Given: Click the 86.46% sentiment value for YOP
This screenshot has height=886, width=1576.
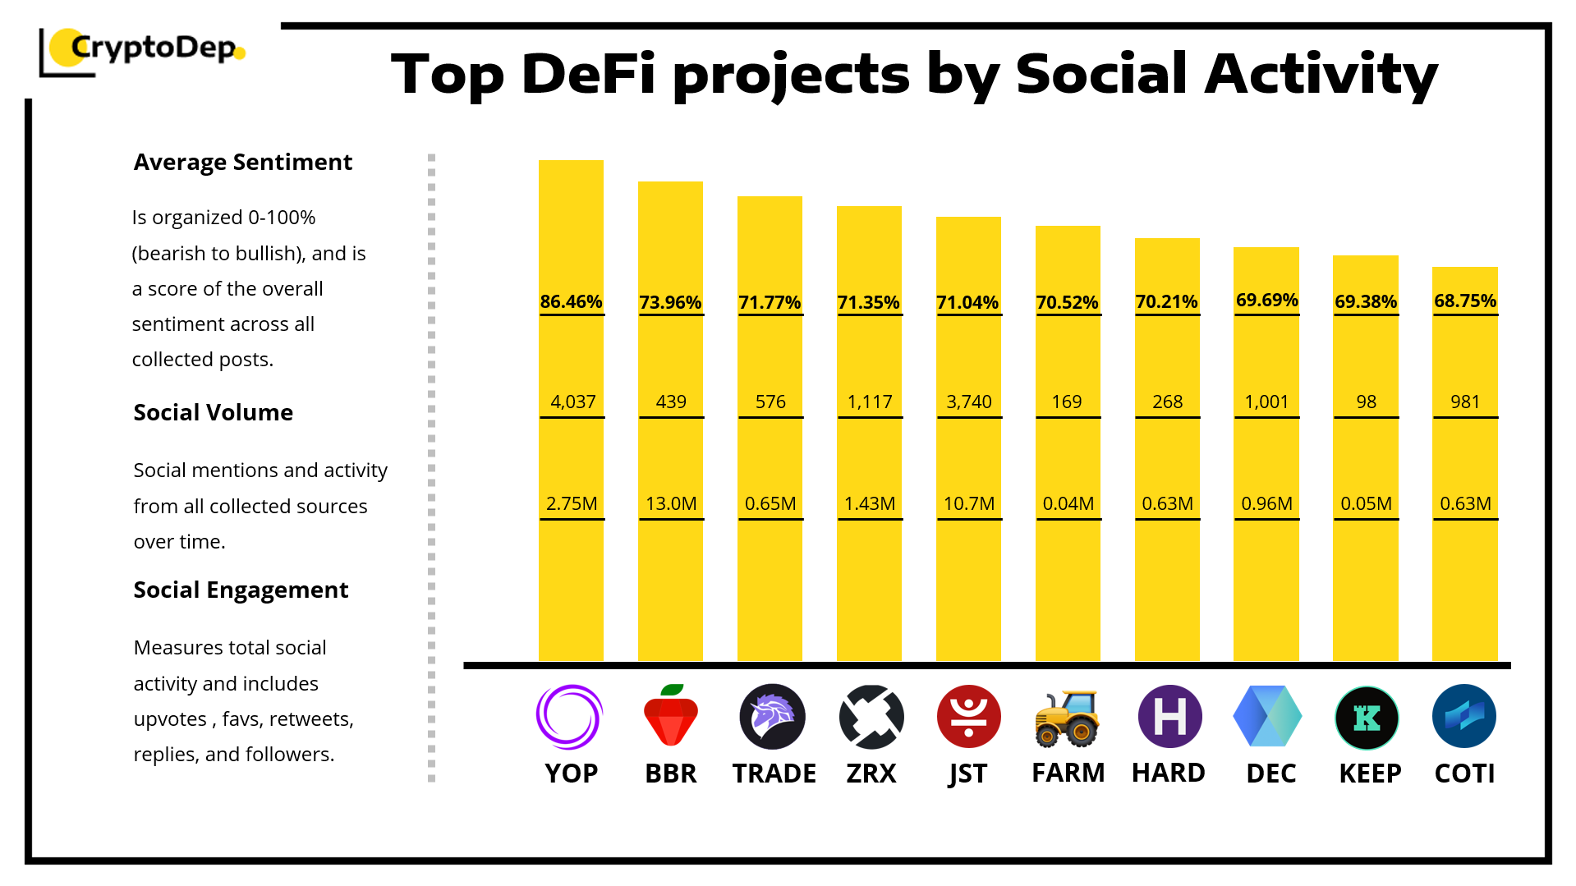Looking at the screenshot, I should click(x=571, y=301).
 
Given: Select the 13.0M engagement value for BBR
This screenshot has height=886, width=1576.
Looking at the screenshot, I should click(x=671, y=503).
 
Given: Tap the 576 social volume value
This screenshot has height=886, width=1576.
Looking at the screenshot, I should click(x=770, y=402).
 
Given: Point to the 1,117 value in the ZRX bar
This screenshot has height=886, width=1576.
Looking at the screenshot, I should click(x=870, y=402).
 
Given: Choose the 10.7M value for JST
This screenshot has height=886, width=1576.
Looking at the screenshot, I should click(x=969, y=503).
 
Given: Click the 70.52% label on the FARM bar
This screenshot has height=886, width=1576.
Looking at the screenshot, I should click(x=1067, y=302).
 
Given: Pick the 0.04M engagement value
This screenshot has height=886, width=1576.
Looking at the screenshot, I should click(x=1068, y=503).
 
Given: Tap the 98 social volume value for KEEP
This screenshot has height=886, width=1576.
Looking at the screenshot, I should click(x=1366, y=402).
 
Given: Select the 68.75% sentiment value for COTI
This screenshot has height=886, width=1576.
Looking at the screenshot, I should click(x=1465, y=301).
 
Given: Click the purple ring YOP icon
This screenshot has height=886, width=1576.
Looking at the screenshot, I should click(x=569, y=717).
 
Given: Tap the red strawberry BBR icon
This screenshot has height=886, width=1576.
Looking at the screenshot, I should click(x=671, y=716).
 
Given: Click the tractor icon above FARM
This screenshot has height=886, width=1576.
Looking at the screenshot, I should click(x=1067, y=718).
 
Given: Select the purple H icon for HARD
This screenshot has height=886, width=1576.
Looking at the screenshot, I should click(x=1169, y=717).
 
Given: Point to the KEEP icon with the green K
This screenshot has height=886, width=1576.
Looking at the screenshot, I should click(x=1367, y=718).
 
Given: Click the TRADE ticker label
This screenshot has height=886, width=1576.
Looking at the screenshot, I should click(x=774, y=774).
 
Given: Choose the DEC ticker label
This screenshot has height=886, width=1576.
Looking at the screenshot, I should click(x=1270, y=774).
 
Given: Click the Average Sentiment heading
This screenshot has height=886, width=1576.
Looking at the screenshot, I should click(x=242, y=163).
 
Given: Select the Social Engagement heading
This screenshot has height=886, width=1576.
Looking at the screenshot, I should click(x=241, y=590).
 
